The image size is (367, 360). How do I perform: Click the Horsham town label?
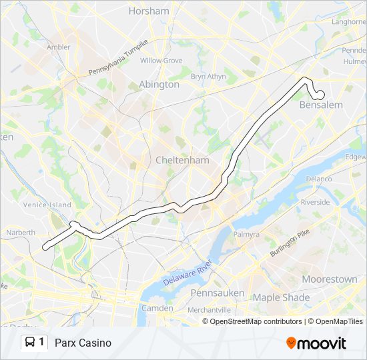[148, 11]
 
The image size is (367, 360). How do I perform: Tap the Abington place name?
[159, 85]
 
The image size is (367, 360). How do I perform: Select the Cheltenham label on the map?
[182, 160]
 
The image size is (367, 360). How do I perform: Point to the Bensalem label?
[321, 105]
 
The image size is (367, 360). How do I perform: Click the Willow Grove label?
[161, 61]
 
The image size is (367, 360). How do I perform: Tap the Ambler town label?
[59, 47]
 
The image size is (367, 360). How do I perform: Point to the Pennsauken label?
[217, 293]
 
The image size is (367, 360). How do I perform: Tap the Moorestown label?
[329, 279]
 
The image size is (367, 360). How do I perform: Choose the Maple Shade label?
[281, 297]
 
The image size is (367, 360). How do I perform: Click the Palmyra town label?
[246, 235]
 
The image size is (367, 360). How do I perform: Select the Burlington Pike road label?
[290, 244]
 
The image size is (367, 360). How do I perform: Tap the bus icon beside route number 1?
[31, 343]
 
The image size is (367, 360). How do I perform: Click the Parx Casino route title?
[83, 343]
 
